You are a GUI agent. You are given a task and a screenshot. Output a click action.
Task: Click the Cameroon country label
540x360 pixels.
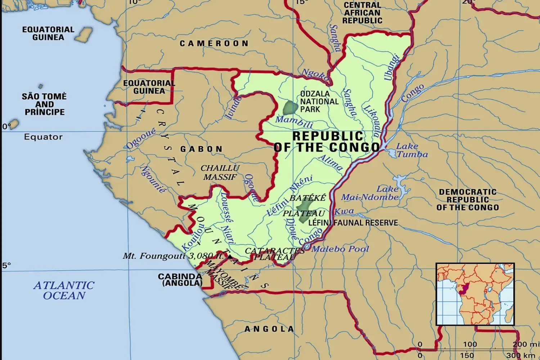214,44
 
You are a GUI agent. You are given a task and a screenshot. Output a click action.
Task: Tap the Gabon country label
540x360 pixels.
202,149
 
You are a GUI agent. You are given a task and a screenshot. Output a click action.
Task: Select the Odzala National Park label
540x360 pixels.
319,102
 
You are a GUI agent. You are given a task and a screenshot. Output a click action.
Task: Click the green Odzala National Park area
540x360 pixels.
290,108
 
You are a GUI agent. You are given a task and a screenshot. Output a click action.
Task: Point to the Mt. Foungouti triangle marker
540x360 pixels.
230,257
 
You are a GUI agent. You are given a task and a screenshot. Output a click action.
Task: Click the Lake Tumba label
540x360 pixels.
412,150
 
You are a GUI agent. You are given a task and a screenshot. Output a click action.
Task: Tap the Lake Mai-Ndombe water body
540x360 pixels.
400,182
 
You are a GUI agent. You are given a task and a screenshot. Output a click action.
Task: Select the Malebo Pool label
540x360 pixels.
340,249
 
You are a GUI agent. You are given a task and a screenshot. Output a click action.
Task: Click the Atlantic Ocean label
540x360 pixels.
64,290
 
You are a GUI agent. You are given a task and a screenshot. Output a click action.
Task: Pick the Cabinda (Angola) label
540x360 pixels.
180,280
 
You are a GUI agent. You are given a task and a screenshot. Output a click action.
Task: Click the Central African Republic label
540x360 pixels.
362,13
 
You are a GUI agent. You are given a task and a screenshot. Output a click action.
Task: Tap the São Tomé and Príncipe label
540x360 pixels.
44,104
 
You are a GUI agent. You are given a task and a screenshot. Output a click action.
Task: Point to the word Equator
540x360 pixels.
43,137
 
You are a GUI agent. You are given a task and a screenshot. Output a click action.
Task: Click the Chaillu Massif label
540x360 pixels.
220,172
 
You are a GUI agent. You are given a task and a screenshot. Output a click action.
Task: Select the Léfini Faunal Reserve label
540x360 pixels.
353,223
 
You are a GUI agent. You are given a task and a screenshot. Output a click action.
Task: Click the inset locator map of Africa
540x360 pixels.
475,294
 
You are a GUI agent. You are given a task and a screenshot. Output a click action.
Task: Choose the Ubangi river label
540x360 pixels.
392,67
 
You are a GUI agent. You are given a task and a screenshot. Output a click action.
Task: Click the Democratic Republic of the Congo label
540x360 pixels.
468,200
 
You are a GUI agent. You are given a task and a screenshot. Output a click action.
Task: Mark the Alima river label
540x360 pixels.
330,162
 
